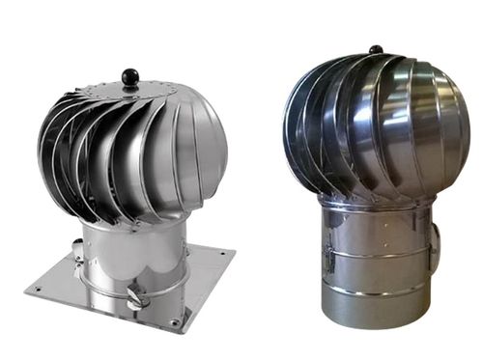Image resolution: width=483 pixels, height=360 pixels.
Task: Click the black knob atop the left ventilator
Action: point(128,75)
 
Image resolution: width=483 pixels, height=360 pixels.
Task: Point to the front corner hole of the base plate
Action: point(174,321)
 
